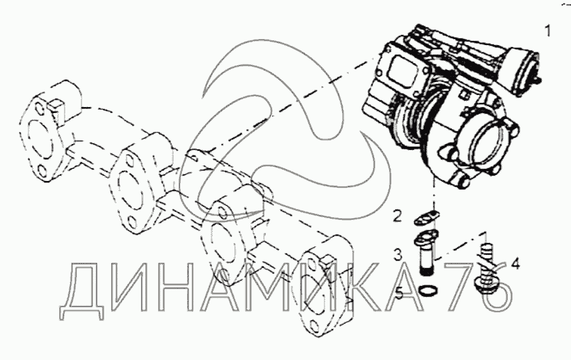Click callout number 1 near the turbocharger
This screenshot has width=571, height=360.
[x=548, y=31]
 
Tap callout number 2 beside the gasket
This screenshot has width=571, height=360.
[x=397, y=216]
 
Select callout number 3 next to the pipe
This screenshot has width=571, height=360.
[x=398, y=254]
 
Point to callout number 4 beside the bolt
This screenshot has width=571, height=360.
[x=515, y=263]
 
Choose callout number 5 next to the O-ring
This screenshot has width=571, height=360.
[x=399, y=293]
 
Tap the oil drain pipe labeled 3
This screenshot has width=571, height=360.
[x=427, y=252]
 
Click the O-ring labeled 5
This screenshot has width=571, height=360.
[x=428, y=291]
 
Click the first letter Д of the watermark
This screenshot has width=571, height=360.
[x=82, y=291]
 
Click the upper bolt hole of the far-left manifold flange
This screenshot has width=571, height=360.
[x=40, y=108]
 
